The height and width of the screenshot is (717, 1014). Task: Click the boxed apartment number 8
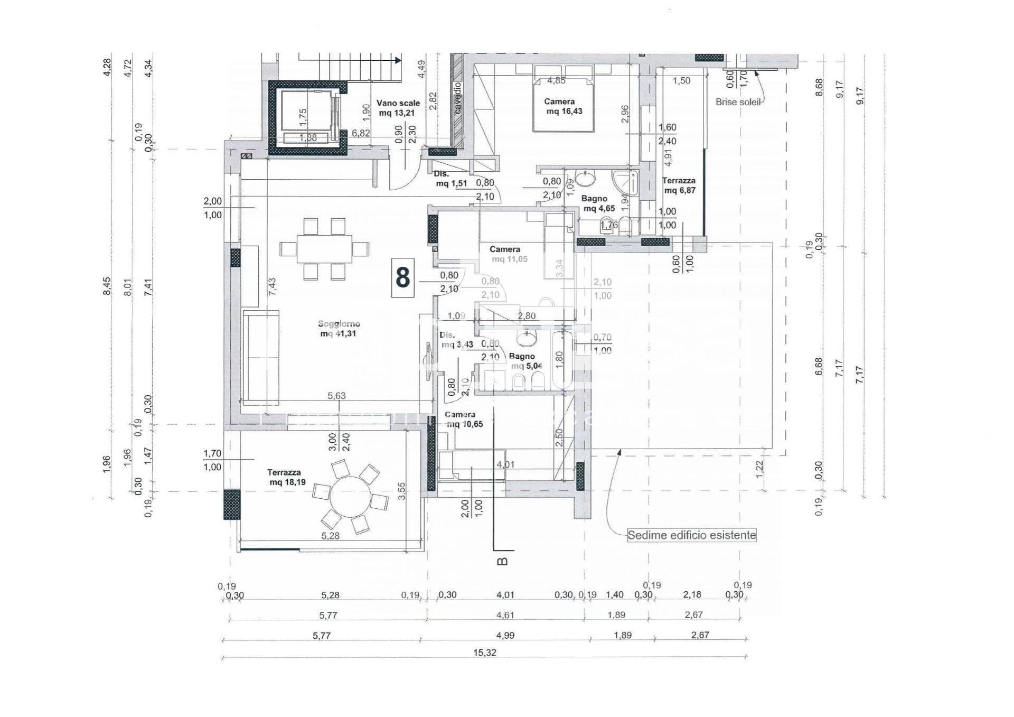click(402, 278)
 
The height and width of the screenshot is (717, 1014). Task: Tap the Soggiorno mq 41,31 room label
click(338, 329)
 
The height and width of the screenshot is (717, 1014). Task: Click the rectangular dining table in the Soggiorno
click(324, 248)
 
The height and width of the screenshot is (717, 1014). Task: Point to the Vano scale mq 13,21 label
click(398, 108)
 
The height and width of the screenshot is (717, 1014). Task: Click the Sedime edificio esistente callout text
click(691, 535)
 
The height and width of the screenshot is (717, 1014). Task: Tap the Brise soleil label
click(738, 103)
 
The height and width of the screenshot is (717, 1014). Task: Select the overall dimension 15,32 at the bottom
click(484, 653)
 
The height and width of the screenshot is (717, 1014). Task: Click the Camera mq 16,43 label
click(563, 106)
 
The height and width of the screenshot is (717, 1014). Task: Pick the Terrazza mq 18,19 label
click(286, 478)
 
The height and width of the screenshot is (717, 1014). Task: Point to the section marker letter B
click(503, 561)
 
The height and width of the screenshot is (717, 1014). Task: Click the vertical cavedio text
click(457, 98)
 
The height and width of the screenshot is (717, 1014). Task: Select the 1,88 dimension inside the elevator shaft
click(307, 138)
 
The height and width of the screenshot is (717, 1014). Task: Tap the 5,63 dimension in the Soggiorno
click(336, 396)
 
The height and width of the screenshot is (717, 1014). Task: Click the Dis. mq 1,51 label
click(449, 179)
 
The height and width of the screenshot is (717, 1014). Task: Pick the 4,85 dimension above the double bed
click(556, 81)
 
